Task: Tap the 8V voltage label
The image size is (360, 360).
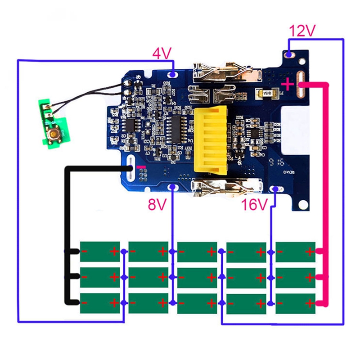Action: pos(157,205)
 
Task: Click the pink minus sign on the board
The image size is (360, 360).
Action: pos(141,167)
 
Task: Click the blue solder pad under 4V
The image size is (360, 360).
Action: pos(173,73)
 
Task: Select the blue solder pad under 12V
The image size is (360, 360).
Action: pos(289,54)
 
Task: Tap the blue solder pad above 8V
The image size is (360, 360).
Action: pos(171,187)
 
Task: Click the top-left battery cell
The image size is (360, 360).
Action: pos(99,252)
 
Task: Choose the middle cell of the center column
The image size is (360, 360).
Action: pos(198,278)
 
